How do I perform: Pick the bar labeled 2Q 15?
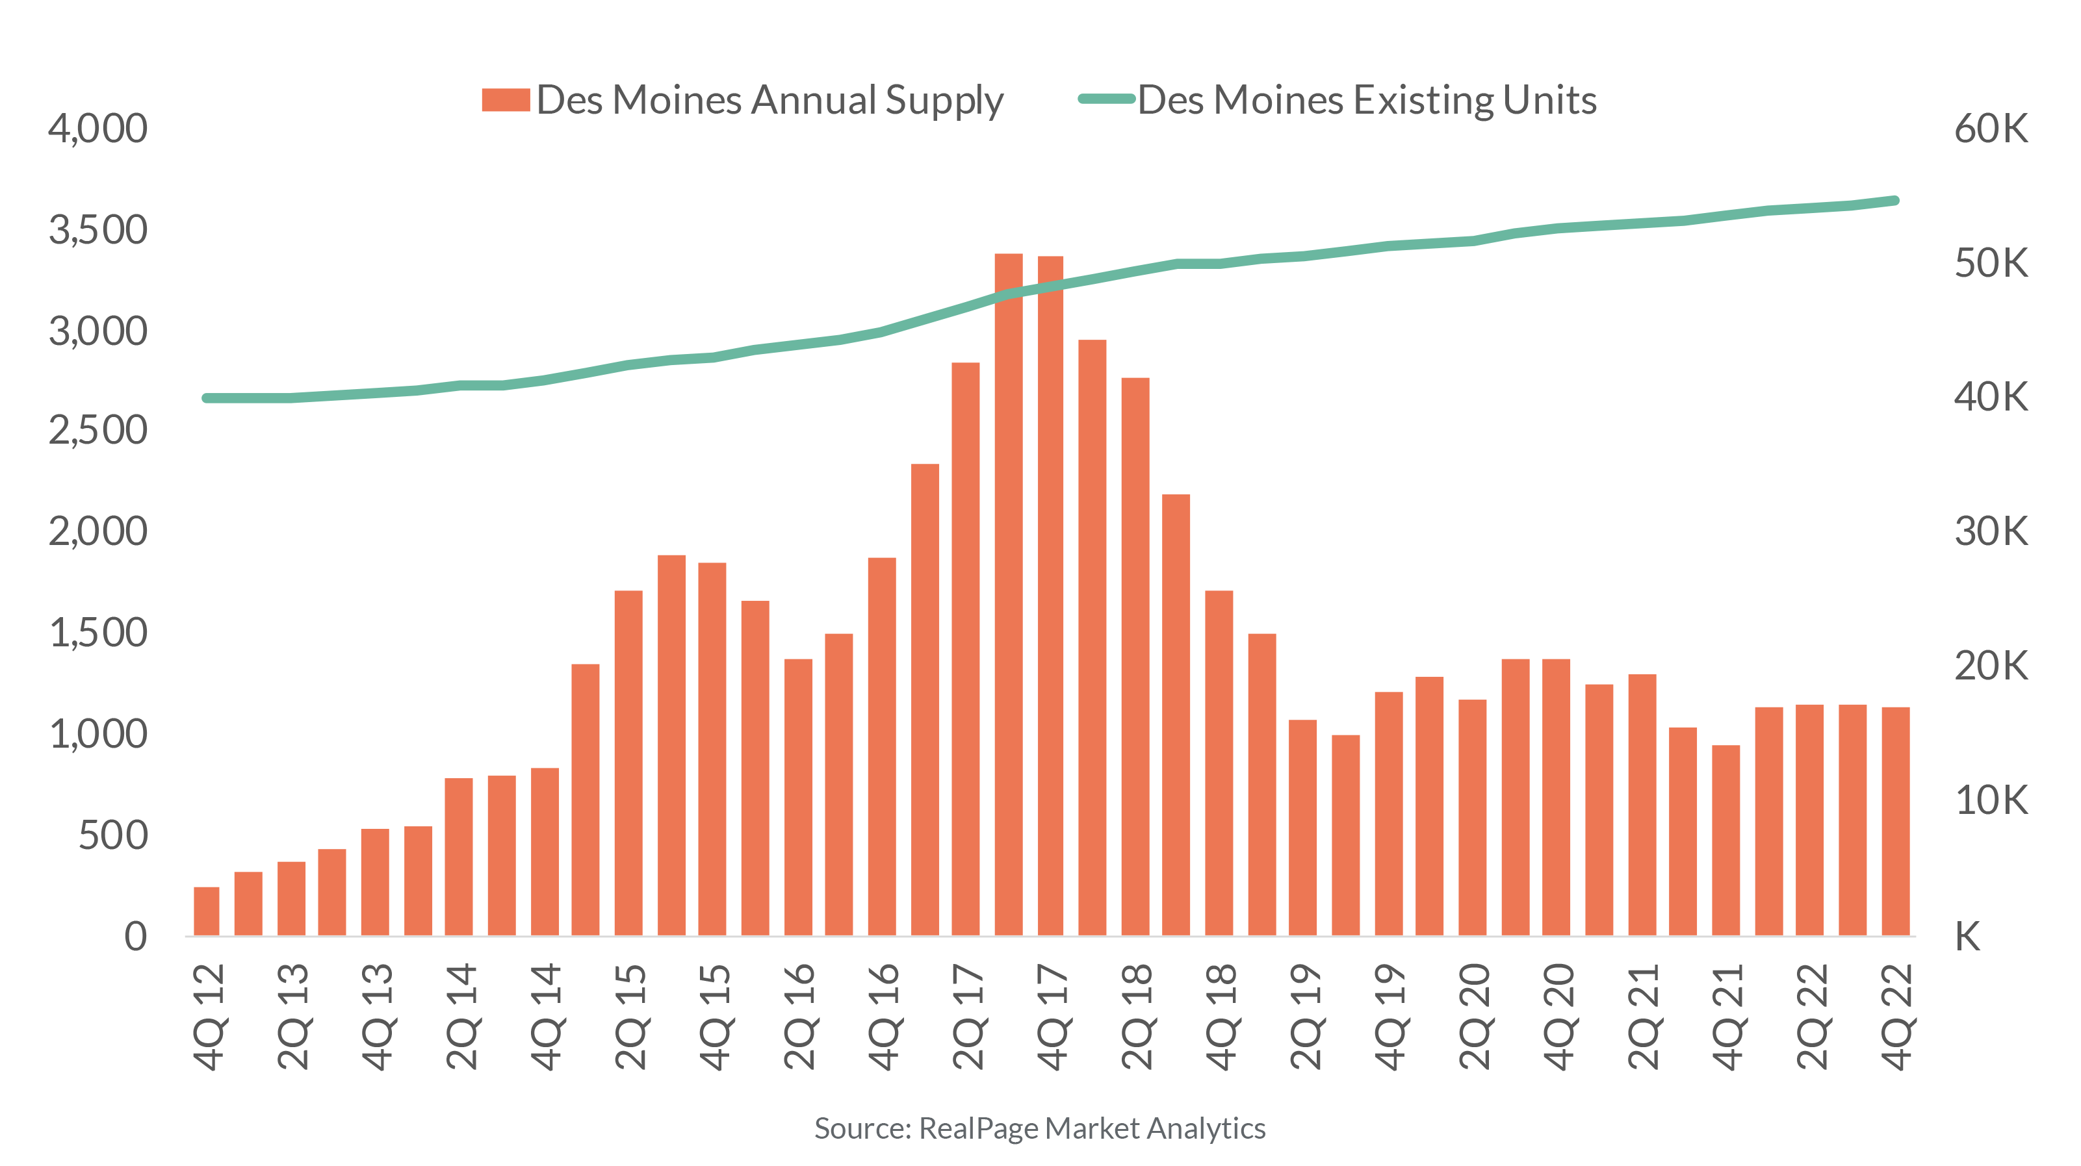pyautogui.click(x=628, y=763)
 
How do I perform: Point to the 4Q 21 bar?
pyautogui.click(x=1726, y=840)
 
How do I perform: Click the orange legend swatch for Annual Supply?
pyautogui.click(x=505, y=100)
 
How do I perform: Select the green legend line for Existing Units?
pyautogui.click(x=1106, y=100)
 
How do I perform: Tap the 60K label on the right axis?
pyautogui.click(x=1990, y=129)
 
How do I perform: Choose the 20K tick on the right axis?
pyautogui.click(x=1990, y=666)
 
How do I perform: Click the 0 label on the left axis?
pyautogui.click(x=136, y=937)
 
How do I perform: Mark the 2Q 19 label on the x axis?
pyautogui.click(x=1304, y=1017)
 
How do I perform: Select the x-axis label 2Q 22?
pyautogui.click(x=1811, y=1017)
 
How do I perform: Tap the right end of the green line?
pyautogui.click(x=1895, y=200)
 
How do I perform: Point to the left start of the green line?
pyautogui.click(x=207, y=398)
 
